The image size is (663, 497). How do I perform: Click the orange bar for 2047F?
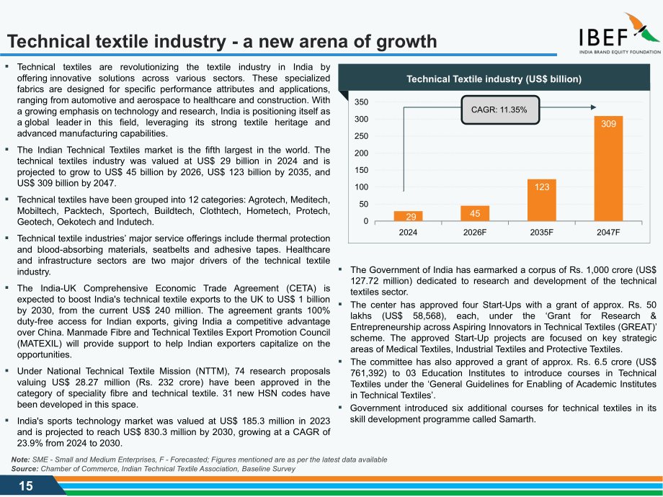608,169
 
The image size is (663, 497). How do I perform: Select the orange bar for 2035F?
542,200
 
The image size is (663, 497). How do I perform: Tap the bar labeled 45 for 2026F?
475,213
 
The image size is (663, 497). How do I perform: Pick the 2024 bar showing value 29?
408,216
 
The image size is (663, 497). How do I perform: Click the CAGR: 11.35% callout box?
500,110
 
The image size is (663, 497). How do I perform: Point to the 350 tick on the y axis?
361,102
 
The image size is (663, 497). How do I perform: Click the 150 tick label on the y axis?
361,170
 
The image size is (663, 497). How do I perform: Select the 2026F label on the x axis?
475,232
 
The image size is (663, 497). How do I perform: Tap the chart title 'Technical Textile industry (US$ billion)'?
494,79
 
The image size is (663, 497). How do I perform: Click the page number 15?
26,486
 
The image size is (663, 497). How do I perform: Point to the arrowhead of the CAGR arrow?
594,107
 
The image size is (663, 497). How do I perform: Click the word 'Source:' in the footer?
25,469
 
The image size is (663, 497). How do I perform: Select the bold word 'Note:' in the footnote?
20,460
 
